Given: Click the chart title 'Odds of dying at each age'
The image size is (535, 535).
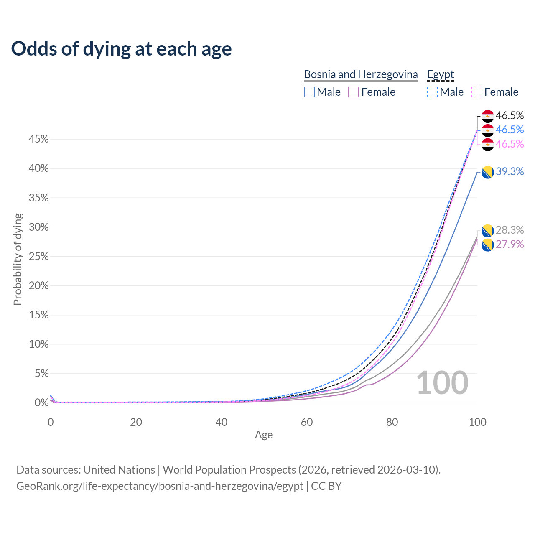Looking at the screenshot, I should (121, 49).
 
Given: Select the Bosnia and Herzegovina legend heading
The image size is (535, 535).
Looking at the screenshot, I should (361, 74).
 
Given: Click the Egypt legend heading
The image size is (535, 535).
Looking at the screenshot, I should (440, 74).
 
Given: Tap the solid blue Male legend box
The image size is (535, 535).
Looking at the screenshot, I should (309, 92).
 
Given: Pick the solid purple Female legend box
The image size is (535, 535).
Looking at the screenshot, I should (354, 92).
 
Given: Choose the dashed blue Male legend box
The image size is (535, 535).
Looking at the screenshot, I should (432, 92).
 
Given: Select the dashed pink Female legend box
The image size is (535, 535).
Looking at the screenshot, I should (477, 92).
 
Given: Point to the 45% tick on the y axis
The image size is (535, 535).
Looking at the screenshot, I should (38, 139).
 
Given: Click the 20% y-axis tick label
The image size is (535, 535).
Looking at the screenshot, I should (38, 286).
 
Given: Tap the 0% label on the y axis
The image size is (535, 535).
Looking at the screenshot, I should (41, 403).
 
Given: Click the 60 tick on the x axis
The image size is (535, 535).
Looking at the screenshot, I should (307, 422).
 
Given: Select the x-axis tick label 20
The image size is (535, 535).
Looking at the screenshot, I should (136, 422).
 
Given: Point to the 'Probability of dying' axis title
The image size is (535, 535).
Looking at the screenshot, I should (18, 259).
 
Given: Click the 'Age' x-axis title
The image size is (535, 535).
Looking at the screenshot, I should (264, 435).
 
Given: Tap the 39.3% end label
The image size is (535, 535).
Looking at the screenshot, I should (510, 172).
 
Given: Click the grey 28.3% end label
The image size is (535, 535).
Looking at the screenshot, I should (510, 230).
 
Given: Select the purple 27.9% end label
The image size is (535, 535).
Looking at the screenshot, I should (510, 245).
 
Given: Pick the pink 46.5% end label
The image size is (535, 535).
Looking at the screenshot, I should (510, 144).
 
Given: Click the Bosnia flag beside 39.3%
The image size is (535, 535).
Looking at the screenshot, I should (487, 172).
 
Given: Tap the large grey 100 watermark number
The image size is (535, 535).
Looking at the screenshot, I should (442, 383).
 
